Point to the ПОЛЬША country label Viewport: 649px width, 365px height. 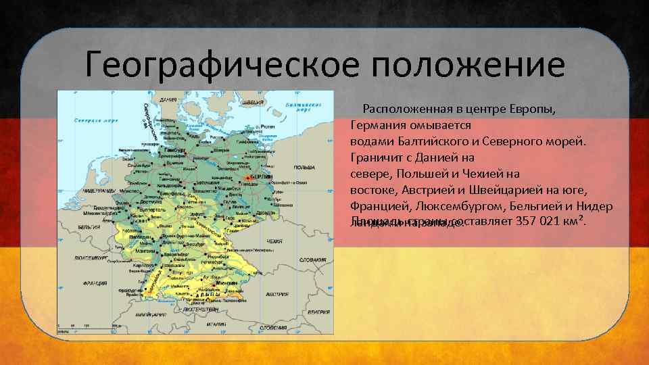pos(304,167)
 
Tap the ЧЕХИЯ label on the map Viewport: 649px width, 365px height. pos(274,241)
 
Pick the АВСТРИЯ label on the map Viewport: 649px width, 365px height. pos(277,294)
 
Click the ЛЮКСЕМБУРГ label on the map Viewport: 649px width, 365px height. pos(93,258)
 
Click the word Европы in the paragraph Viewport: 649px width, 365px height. pos(534,109)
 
